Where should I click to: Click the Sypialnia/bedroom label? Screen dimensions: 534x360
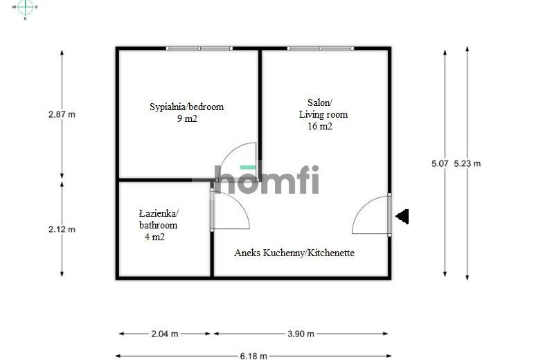point(186,107)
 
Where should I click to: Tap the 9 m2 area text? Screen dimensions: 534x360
point(187,118)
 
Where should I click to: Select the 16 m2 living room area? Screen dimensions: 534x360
point(320,126)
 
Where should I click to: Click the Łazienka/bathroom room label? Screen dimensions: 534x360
point(159,219)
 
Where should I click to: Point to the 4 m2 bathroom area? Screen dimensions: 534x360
point(154,237)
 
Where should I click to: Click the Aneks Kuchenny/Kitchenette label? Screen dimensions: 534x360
point(294,253)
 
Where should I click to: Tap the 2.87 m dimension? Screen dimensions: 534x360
point(62,115)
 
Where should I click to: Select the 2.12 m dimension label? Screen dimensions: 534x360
point(62,229)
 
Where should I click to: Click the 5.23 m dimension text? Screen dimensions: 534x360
point(468,163)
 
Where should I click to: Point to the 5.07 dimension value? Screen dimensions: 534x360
point(440,163)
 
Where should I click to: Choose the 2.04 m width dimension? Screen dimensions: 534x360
point(164,334)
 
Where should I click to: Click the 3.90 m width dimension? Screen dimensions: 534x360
point(301,334)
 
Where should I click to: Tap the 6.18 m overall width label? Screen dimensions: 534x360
point(253,356)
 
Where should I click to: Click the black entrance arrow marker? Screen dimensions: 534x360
point(402,217)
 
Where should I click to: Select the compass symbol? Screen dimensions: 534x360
point(25,8)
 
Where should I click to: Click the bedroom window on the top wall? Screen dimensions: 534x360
point(199,48)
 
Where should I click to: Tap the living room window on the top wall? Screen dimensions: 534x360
point(321,48)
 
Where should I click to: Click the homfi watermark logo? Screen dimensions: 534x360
point(267,179)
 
